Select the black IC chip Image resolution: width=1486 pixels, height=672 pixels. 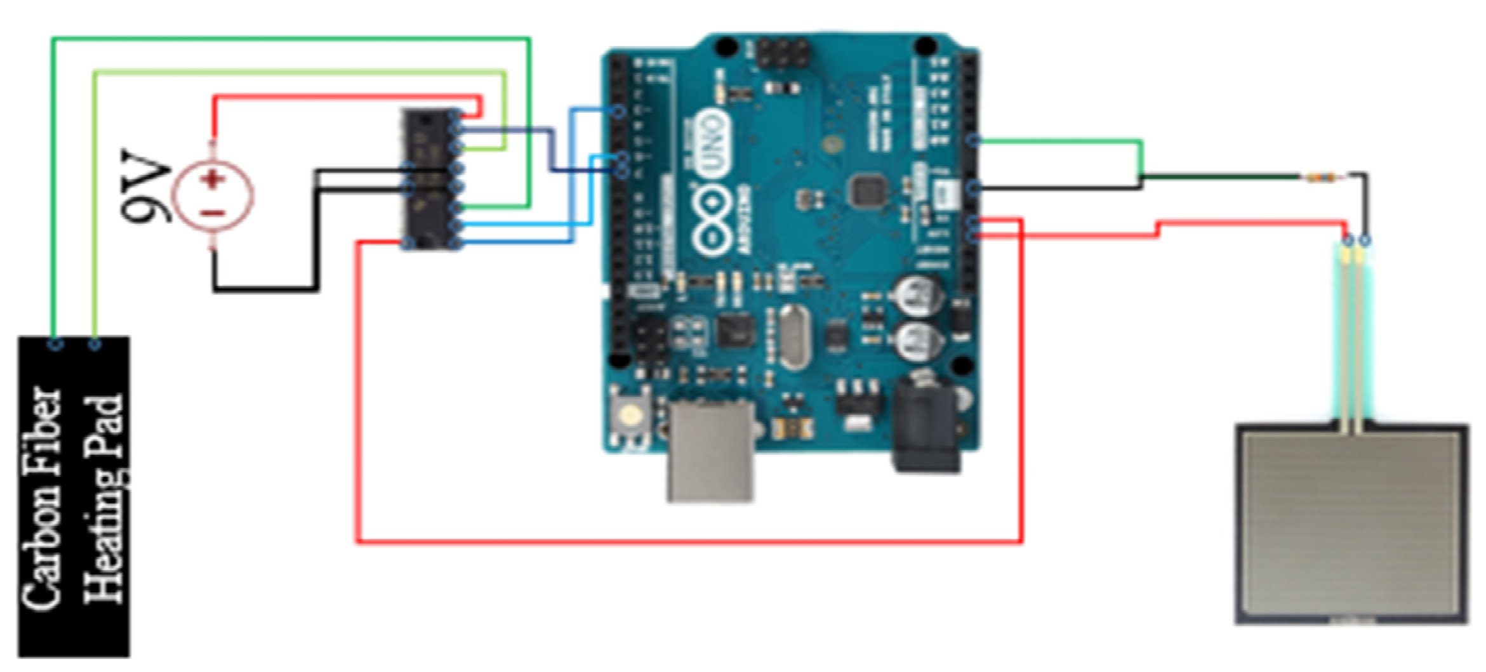coord(430,179)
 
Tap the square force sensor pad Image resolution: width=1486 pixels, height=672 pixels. coord(1351,525)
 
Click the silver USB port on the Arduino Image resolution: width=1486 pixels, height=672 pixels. coord(710,451)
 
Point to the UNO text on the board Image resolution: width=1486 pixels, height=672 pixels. coord(713,143)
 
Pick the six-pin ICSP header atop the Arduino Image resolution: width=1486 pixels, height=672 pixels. coord(782,54)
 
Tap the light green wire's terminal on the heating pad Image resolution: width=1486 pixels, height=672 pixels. coord(95,344)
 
